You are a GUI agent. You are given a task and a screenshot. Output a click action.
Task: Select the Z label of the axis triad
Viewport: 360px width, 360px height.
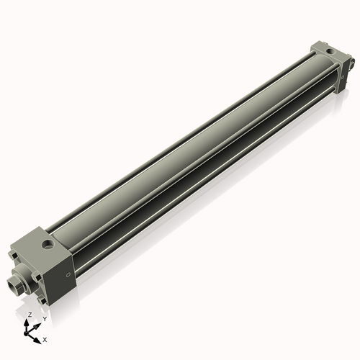click(x=29, y=315)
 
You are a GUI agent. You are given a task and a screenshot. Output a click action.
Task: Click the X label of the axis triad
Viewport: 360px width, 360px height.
click(x=45, y=338)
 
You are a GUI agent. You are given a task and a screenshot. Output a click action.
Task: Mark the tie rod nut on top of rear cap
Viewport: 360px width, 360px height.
click(x=317, y=47)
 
